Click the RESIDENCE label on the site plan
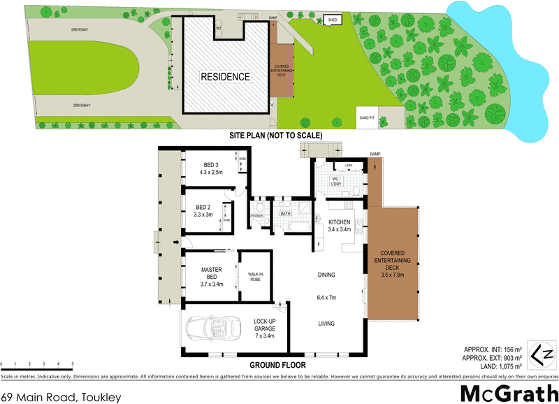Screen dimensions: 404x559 point(225,77)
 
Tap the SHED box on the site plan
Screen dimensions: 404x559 point(333,20)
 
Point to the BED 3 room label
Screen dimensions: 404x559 point(212,168)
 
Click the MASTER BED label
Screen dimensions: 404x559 point(211,274)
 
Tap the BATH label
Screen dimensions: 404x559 point(286,213)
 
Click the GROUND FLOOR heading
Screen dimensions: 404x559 point(277,365)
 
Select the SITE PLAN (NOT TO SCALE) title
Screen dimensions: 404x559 point(279,135)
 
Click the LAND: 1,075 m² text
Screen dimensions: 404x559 point(493,365)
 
